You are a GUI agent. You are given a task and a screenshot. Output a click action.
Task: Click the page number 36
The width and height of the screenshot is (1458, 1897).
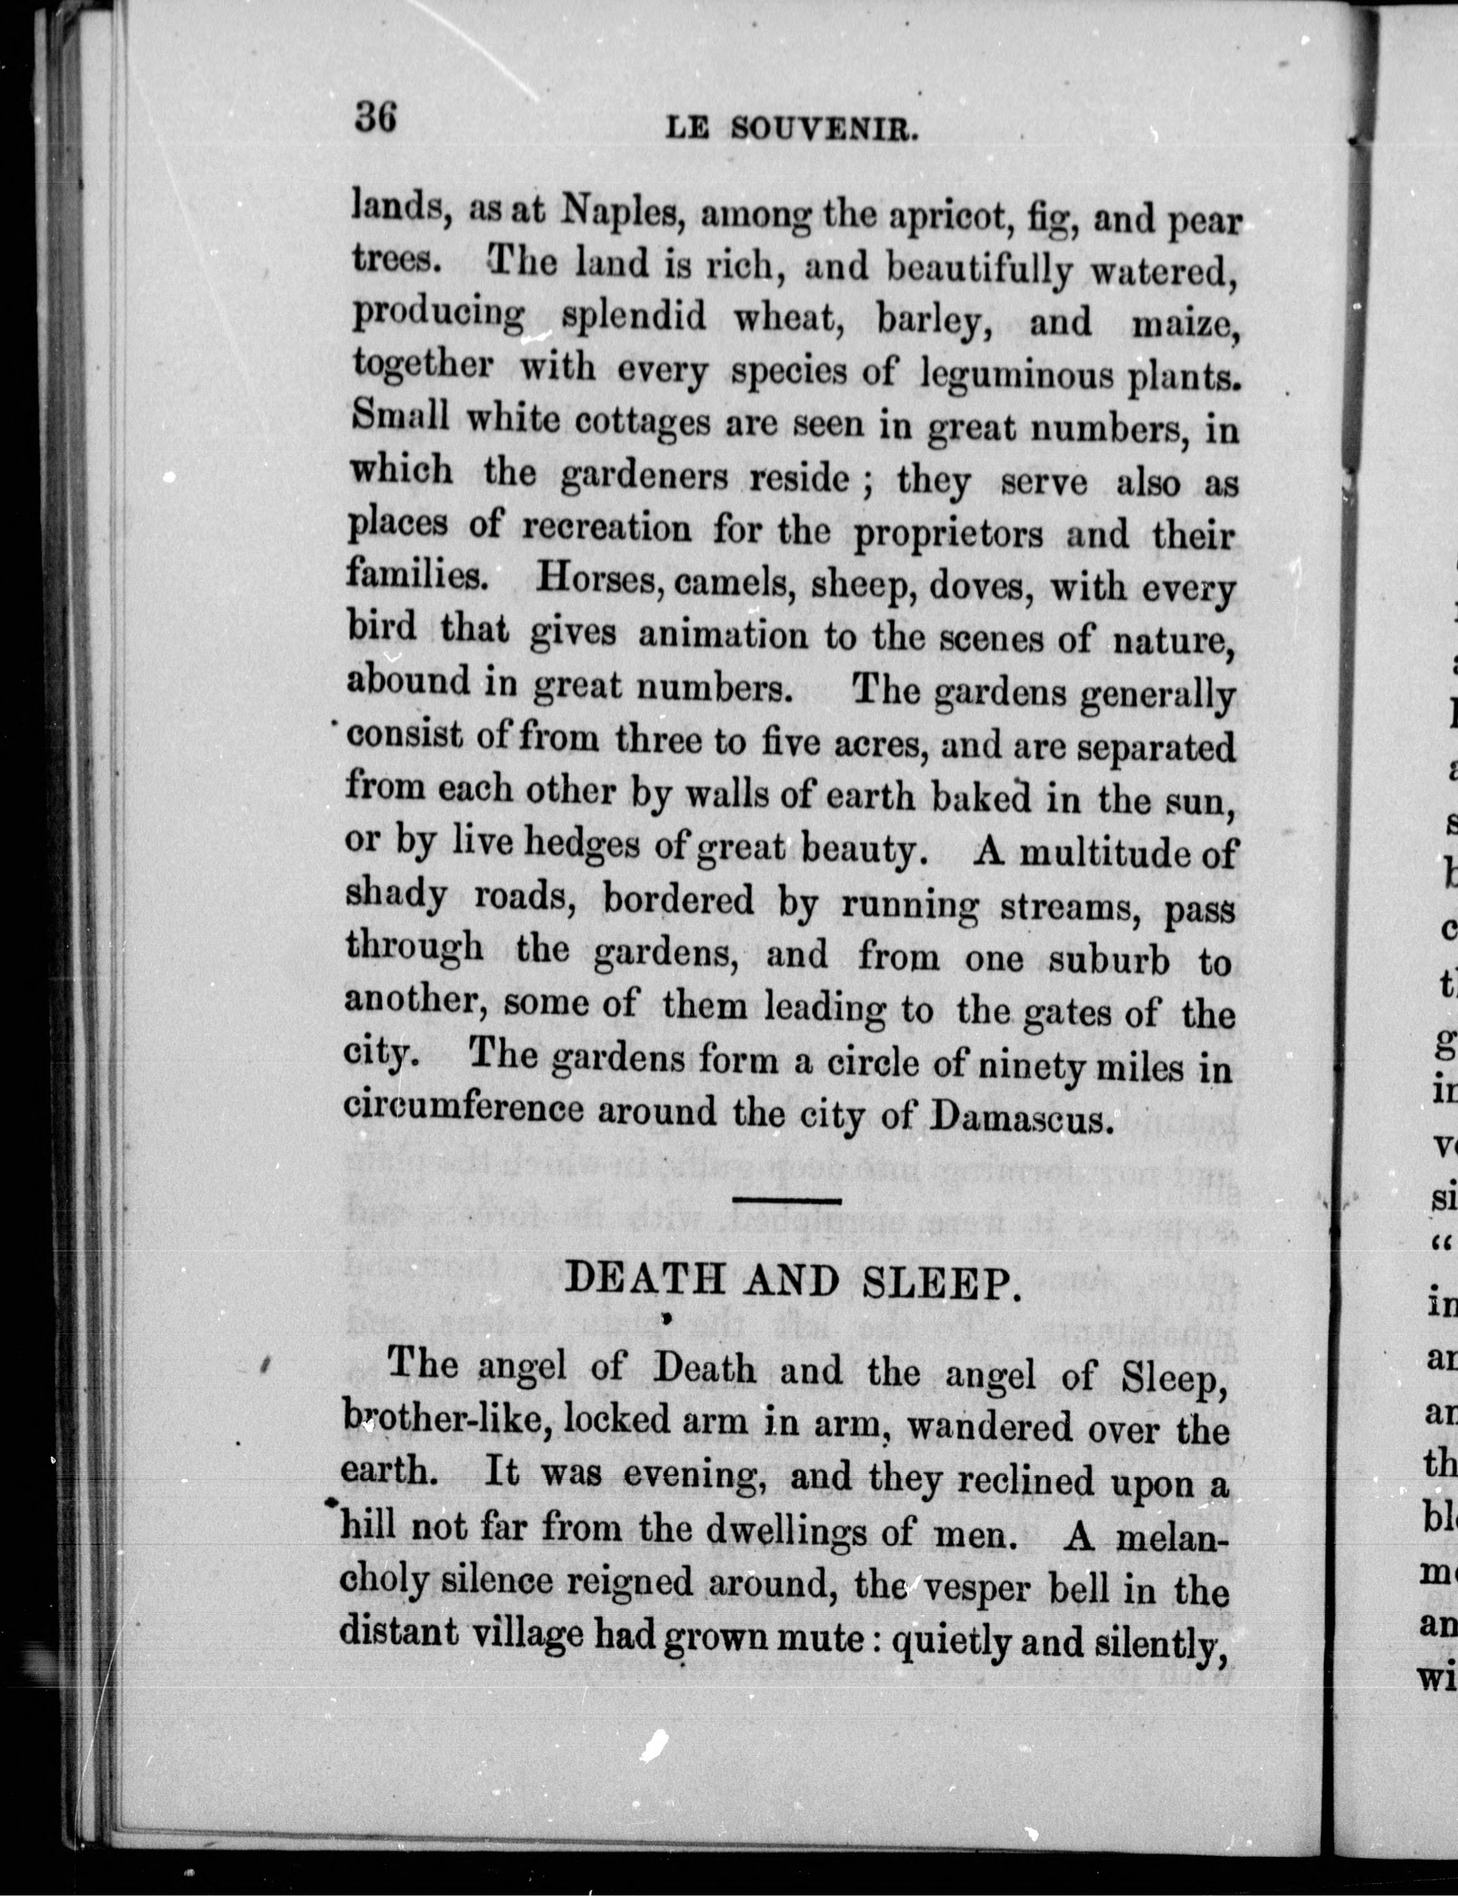pos(375,116)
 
